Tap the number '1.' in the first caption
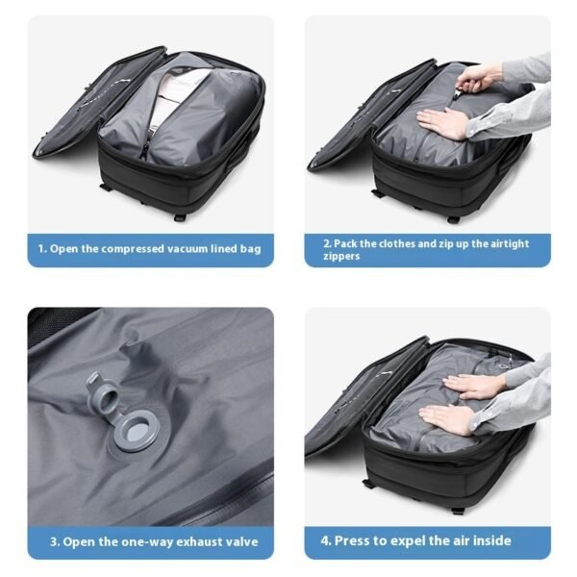click(42, 250)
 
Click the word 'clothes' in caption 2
click(397, 243)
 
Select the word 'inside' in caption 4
click(488, 540)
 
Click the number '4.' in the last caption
click(325, 540)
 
